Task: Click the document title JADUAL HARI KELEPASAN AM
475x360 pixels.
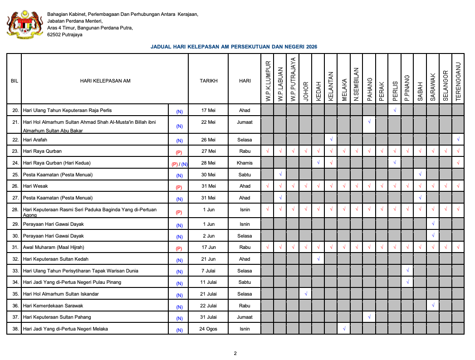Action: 234,47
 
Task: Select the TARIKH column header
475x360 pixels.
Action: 208,81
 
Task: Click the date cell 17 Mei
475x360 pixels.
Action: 208,110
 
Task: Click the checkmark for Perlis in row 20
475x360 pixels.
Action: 395,110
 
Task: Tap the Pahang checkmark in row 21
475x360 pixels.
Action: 370,122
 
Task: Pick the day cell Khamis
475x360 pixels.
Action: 245,163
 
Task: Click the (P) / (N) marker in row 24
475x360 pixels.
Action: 179,164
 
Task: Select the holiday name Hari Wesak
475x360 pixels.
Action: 35,186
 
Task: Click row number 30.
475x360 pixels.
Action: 15,236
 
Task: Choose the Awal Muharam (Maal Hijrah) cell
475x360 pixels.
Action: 54,247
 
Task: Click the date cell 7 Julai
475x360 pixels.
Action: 208,271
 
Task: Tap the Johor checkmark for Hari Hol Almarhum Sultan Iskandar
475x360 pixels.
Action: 306,294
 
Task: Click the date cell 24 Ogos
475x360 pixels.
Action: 208,329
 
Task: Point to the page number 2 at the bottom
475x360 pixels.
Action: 235,353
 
